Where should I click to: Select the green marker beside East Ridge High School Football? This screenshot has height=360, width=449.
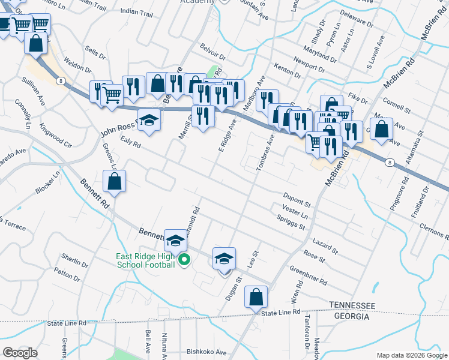[185, 260]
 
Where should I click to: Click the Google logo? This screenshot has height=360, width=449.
[20, 352]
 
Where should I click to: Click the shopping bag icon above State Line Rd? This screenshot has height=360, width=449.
[256, 296]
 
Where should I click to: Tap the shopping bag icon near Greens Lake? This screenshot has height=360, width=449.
[114, 181]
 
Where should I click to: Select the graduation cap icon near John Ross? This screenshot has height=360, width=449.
[149, 120]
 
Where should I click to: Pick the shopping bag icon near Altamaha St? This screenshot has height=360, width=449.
[382, 128]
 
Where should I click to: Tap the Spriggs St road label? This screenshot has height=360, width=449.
[292, 223]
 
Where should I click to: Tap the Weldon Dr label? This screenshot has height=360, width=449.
[77, 65]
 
